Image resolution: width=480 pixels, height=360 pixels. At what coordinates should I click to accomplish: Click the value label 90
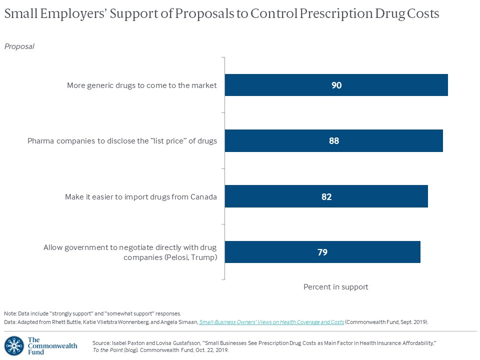tap(336, 85)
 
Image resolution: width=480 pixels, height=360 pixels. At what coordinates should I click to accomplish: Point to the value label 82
tap(326, 196)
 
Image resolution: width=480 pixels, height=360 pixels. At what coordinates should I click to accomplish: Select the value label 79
tap(322, 252)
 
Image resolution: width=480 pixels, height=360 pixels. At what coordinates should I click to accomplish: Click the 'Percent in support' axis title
tap(335, 287)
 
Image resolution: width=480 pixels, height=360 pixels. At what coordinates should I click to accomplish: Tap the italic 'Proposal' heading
tap(19, 46)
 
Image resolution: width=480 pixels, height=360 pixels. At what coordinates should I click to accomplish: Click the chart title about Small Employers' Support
tap(221, 14)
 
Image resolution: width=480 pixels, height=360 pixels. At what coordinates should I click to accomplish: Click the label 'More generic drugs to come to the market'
tap(142, 85)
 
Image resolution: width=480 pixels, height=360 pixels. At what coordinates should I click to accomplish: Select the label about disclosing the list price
tap(122, 141)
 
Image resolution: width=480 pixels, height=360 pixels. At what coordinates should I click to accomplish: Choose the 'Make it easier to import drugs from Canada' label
tap(141, 196)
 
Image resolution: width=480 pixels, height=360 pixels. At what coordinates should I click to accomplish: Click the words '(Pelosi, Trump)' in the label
tap(193, 257)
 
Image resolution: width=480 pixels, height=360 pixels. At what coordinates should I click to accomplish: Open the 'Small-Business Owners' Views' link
tap(271, 322)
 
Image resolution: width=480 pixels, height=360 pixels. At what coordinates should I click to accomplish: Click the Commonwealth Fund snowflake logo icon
tap(14, 346)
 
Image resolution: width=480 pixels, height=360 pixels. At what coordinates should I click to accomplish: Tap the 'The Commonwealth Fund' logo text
tap(52, 346)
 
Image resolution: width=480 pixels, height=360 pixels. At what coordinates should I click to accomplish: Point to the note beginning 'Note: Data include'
tap(92, 313)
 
